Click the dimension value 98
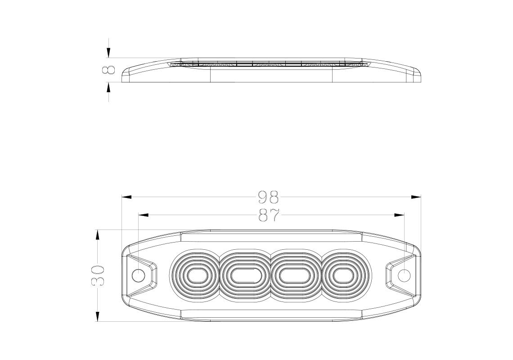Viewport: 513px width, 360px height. (x=269, y=197)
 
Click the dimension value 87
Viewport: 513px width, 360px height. (x=269, y=216)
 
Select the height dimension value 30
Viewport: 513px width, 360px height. (x=98, y=275)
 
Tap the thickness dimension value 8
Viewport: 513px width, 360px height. (x=109, y=70)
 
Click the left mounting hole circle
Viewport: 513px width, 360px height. (x=139, y=275)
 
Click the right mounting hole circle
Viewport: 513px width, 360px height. (x=404, y=275)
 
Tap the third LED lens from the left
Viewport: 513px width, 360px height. (x=295, y=275)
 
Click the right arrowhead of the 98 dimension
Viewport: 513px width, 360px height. (x=416, y=197)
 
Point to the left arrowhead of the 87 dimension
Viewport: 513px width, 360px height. (x=144, y=215)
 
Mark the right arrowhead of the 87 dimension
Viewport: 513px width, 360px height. (x=399, y=215)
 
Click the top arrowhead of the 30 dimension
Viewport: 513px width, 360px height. (x=98, y=235)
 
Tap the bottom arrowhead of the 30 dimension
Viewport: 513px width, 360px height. (x=98, y=316)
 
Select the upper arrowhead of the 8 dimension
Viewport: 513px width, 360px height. (x=108, y=53)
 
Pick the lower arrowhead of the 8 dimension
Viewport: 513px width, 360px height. (x=108, y=87)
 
